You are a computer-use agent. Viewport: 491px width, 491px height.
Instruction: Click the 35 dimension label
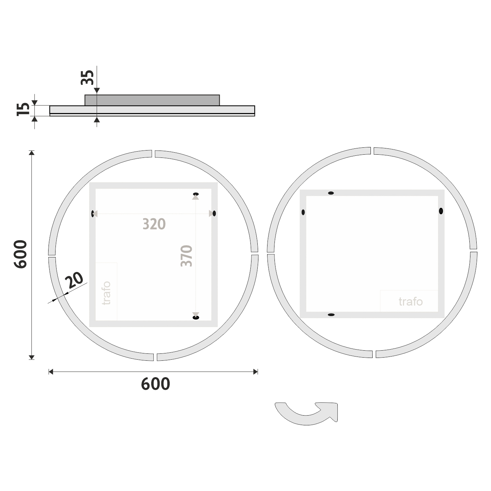click(87, 78)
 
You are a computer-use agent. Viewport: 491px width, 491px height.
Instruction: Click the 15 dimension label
click(23, 109)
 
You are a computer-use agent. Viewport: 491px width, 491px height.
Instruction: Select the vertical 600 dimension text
click(20, 254)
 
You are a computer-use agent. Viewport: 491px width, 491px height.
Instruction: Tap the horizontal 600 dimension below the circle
click(155, 384)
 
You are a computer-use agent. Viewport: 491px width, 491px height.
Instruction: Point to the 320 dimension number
click(154, 224)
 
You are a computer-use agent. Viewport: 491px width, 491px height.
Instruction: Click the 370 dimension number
click(186, 256)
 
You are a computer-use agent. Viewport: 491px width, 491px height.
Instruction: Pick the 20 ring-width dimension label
click(74, 280)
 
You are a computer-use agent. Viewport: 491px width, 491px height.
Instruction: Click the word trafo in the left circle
click(106, 293)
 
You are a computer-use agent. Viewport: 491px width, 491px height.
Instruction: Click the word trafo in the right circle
click(410, 302)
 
